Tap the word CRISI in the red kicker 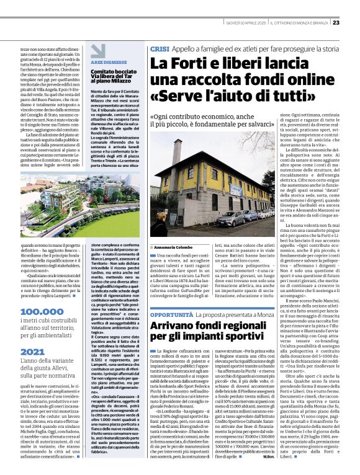pyautogui.click(x=159, y=48)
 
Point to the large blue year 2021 pyautogui.click(x=32, y=352)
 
